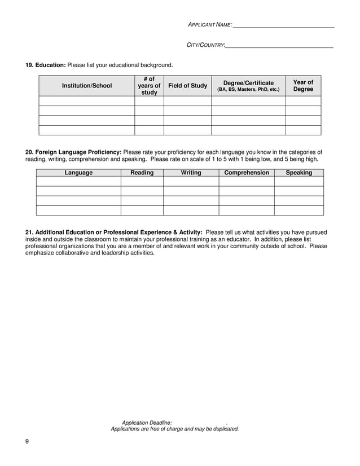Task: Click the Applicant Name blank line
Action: (x=283, y=25)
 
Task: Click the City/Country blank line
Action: (x=279, y=45)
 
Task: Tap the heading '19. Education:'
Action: (x=46, y=65)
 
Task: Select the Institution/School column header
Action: (x=86, y=86)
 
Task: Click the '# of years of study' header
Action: (x=149, y=86)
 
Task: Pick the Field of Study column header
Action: (x=187, y=86)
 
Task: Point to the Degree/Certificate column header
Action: (x=248, y=86)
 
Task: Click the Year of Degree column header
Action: (x=303, y=86)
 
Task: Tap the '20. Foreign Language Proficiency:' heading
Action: (x=73, y=152)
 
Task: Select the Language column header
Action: (x=78, y=173)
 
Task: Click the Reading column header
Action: (x=142, y=173)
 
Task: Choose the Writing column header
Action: (x=191, y=173)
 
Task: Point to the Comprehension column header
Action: (x=247, y=173)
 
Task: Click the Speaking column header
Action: (x=298, y=173)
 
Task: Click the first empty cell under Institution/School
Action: (x=86, y=101)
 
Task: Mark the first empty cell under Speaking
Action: (x=298, y=182)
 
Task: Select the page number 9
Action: (x=27, y=441)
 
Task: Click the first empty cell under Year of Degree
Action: (x=303, y=101)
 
